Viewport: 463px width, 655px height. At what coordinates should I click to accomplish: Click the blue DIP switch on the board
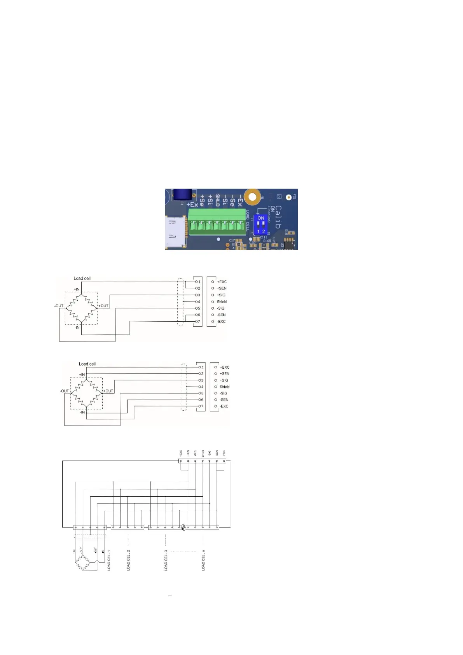261,224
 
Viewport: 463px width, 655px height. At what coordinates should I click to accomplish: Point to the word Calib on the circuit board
278,217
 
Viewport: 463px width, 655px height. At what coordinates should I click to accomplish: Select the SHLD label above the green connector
218,200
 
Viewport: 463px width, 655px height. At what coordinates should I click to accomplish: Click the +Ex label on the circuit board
192,204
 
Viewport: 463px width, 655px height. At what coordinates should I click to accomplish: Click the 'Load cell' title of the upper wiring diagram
82,278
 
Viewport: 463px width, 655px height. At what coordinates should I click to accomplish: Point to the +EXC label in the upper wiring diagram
222,282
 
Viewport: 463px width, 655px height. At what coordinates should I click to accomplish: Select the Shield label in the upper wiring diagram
222,302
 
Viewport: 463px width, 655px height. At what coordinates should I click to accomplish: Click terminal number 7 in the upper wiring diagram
198,322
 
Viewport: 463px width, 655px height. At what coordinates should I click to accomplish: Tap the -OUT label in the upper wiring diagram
59,306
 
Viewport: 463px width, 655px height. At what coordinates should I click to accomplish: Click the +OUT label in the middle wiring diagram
108,391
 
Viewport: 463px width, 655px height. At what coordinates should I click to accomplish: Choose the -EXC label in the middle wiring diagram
224,406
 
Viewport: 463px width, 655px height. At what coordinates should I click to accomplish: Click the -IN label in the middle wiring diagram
82,412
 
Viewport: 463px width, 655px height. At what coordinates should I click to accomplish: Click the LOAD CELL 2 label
129,560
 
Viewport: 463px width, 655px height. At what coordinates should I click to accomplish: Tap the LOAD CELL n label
203,560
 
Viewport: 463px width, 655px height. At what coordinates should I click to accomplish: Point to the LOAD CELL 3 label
166,560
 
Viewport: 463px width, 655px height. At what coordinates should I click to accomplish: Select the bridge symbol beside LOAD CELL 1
82,562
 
